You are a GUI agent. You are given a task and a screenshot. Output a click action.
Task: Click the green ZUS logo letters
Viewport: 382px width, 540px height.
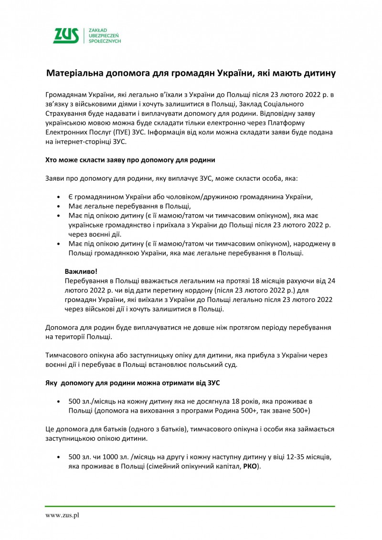tap(66, 36)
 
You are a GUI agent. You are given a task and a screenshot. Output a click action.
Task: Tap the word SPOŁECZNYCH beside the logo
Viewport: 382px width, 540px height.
tap(105, 42)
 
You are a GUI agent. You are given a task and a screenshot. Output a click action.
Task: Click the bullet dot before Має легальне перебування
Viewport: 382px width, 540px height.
tap(58, 207)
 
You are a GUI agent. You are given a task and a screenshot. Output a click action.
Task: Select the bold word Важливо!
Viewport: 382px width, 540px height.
tap(77, 271)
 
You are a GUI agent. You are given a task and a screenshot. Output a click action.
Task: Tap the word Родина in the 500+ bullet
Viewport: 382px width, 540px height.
tap(256, 410)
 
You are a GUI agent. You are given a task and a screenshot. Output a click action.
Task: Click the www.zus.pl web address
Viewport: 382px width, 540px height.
tap(62, 515)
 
